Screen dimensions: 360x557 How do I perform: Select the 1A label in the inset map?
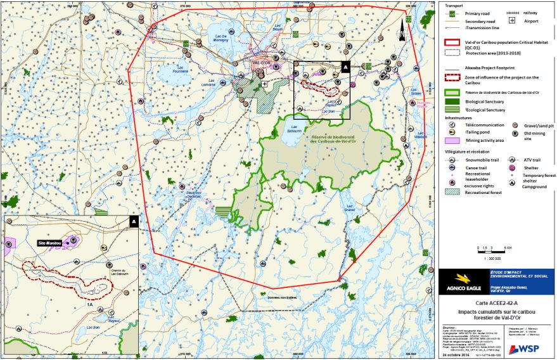click(x=90, y=304)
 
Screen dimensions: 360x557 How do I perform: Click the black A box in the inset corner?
click(x=134, y=221)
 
